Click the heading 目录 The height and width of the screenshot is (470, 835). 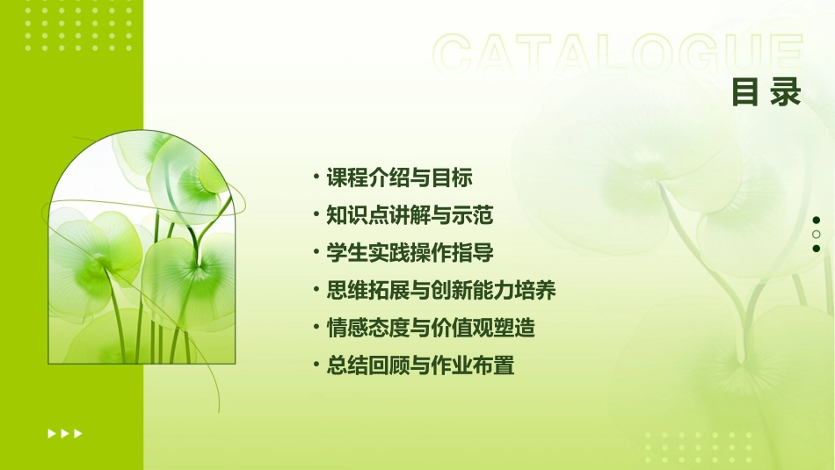click(766, 92)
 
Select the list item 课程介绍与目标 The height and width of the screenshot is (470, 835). click(400, 177)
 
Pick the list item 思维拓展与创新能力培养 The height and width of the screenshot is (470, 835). click(441, 290)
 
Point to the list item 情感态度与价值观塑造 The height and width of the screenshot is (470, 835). click(431, 328)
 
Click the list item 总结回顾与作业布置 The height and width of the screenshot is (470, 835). click(420, 365)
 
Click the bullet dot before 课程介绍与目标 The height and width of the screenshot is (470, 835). click(316, 177)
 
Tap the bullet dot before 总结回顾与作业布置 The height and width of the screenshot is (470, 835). click(316, 365)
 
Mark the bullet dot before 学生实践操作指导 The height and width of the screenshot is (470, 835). click(316, 252)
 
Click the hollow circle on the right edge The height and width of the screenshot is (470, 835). click(817, 235)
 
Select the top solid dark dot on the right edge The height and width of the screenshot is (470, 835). click(817, 221)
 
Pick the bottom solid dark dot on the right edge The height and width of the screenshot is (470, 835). click(817, 249)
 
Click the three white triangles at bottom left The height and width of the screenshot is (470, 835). click(65, 433)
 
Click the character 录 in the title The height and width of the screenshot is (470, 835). click(785, 92)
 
